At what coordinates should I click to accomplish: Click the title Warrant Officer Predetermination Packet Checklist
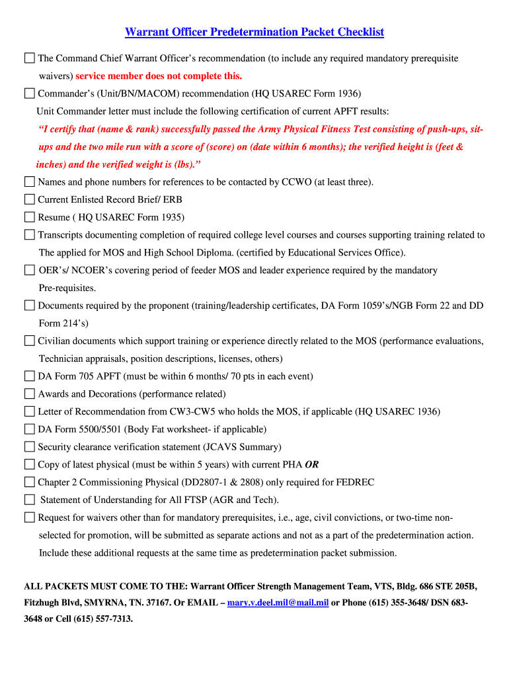[255, 32]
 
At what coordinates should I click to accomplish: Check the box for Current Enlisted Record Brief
[29, 199]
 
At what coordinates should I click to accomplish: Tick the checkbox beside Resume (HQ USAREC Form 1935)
[29, 217]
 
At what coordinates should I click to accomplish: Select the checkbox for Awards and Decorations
[29, 394]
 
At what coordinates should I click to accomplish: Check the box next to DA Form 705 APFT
[29, 376]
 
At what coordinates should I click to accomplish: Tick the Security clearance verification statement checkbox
[29, 447]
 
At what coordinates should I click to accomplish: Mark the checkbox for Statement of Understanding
[29, 500]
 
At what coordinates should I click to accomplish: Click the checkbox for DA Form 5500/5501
[29, 429]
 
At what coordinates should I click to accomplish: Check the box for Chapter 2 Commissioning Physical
[29, 482]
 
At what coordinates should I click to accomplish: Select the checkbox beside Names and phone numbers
[29, 182]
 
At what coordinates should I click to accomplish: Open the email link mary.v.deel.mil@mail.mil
[278, 603]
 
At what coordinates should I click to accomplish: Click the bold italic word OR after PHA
[312, 465]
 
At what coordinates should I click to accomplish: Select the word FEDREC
[357, 483]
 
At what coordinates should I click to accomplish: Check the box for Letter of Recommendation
[29, 411]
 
